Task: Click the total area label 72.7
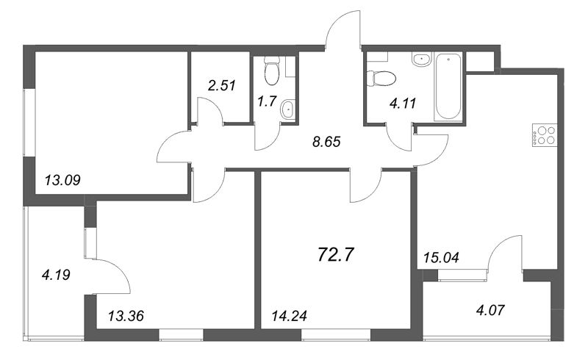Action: point(336,255)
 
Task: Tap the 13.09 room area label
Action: point(62,181)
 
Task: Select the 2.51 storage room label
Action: point(222,85)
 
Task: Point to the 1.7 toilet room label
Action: point(267,101)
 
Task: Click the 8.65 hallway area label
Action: point(326,141)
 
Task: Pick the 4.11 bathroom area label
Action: point(403,103)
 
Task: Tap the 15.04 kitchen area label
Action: point(441,257)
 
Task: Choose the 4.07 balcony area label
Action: point(491,310)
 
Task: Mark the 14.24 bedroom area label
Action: point(289,316)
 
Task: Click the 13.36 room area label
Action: point(126,316)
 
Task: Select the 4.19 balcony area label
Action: point(57,276)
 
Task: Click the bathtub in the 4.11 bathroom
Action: point(448,87)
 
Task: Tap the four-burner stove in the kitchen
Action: point(544,135)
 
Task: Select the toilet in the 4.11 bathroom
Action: point(381,79)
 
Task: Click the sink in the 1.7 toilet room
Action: point(288,109)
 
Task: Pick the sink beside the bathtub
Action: point(422,60)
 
